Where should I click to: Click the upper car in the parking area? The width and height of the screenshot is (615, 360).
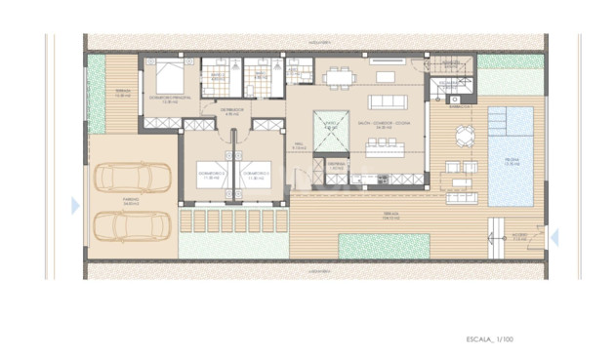point(133,178)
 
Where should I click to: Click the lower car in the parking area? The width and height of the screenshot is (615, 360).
point(133,226)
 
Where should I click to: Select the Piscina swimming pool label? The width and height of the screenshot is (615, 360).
point(511,163)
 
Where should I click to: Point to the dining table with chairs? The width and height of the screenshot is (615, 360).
point(341,75)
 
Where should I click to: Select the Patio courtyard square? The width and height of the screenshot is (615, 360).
point(331,127)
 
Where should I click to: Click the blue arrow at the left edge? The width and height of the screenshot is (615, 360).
point(75,205)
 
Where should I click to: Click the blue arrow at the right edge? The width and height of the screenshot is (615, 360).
point(554,236)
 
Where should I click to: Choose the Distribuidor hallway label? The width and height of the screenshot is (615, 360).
point(231,110)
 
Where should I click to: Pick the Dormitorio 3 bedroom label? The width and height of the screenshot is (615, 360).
point(257,178)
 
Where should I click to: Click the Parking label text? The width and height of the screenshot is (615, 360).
point(131,200)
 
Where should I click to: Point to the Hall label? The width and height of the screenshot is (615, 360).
point(301,145)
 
